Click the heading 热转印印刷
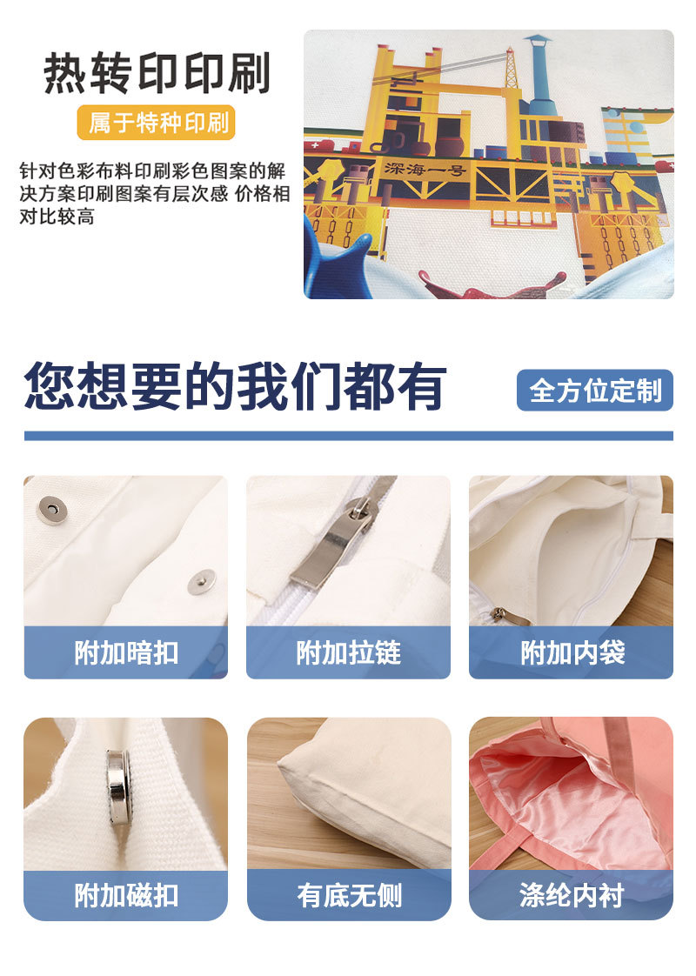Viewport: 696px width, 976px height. pos(157,73)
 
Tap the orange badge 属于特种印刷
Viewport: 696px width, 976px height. pos(157,124)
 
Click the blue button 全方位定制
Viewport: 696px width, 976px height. pos(595,391)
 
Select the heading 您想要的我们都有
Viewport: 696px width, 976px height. pos(235,386)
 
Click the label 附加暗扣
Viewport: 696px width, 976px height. pos(125,652)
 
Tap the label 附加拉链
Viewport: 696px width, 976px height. pos(348,652)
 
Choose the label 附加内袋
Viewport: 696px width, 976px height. pos(572,652)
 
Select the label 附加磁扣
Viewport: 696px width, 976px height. pos(125,895)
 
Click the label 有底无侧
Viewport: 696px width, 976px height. pos(348,895)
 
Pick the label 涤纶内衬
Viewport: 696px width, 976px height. pos(572,895)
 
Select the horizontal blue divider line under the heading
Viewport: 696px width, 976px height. pos(348,435)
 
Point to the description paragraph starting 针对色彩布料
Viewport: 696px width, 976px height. pos(155,192)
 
